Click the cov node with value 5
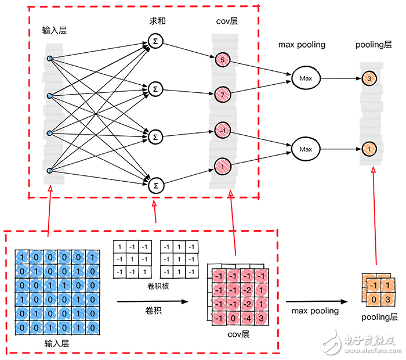[x=223, y=59]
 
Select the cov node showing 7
[x=223, y=93]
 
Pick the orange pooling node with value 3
[x=369, y=78]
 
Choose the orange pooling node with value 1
[x=369, y=149]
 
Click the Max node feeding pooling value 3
[x=305, y=77]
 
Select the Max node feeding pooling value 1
[x=305, y=149]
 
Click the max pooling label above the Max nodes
[x=302, y=44]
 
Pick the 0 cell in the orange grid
[x=374, y=299]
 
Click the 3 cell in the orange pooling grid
[x=387, y=299]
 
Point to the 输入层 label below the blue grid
[x=56, y=344]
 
